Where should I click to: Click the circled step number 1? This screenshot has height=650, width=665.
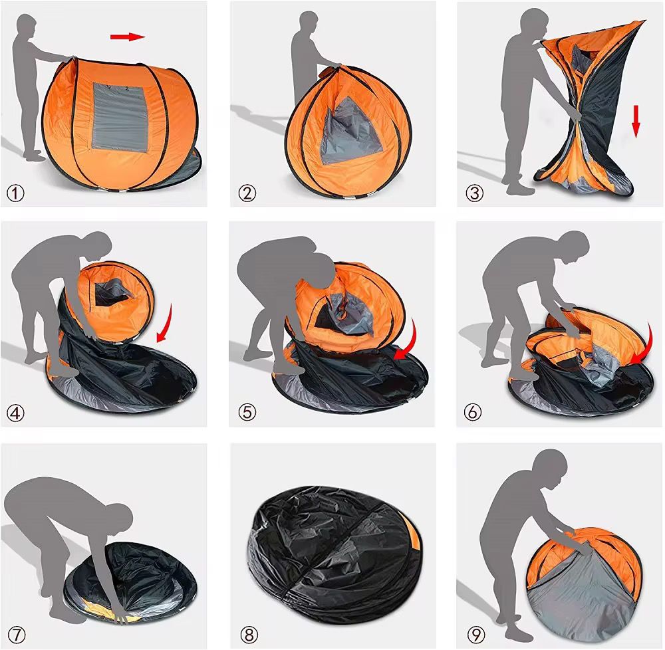click(15, 193)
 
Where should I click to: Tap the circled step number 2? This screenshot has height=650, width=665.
click(247, 193)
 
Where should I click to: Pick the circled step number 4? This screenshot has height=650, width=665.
click(15, 413)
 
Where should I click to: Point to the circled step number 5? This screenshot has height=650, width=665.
click(247, 413)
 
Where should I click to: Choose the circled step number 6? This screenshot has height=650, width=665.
click(473, 413)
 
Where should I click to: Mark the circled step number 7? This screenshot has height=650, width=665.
click(15, 633)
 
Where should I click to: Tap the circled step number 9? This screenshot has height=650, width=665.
click(473, 633)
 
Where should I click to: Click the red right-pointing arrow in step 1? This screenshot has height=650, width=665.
click(128, 37)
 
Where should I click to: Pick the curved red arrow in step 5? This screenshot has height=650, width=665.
click(406, 342)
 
